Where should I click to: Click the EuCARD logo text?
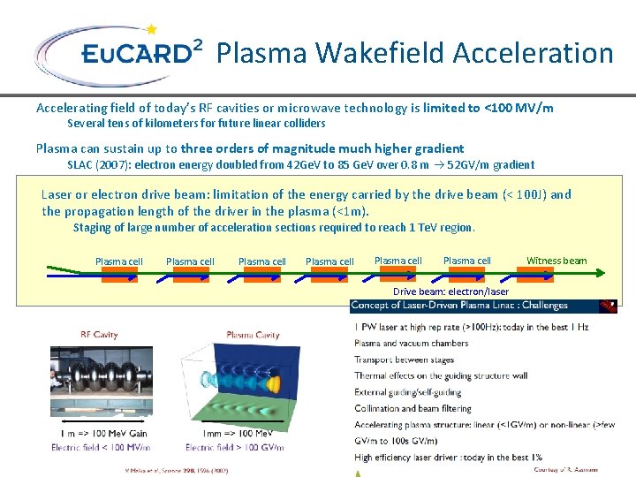click(137, 54)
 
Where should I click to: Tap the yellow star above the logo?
click(151, 29)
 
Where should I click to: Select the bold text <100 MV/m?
click(519, 108)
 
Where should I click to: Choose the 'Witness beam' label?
click(556, 261)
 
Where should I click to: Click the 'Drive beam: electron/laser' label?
click(450, 291)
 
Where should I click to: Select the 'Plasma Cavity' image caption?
click(254, 335)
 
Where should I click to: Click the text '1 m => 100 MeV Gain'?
click(103, 434)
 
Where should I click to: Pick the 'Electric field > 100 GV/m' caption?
click(235, 448)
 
